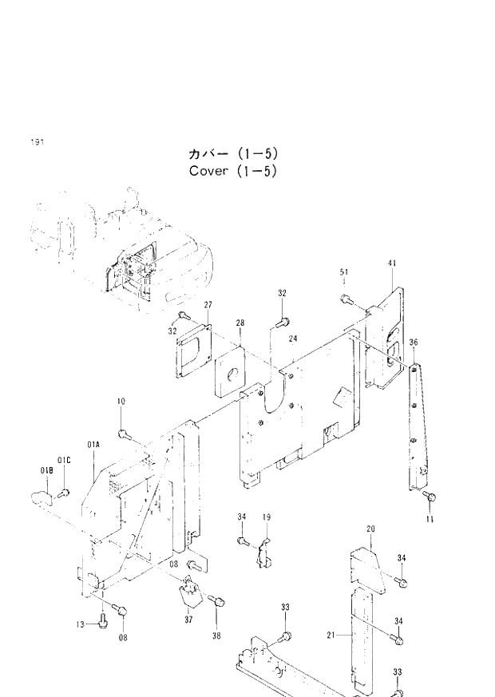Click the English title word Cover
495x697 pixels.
[x=208, y=172]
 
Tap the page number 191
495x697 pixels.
[x=37, y=141]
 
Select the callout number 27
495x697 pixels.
[x=207, y=305]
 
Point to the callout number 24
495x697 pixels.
[x=293, y=339]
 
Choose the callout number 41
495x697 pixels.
[x=392, y=263]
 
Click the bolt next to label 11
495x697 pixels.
[x=429, y=497]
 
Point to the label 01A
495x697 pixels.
[x=93, y=443]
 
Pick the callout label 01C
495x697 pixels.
[x=65, y=460]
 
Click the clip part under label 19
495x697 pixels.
[x=263, y=552]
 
